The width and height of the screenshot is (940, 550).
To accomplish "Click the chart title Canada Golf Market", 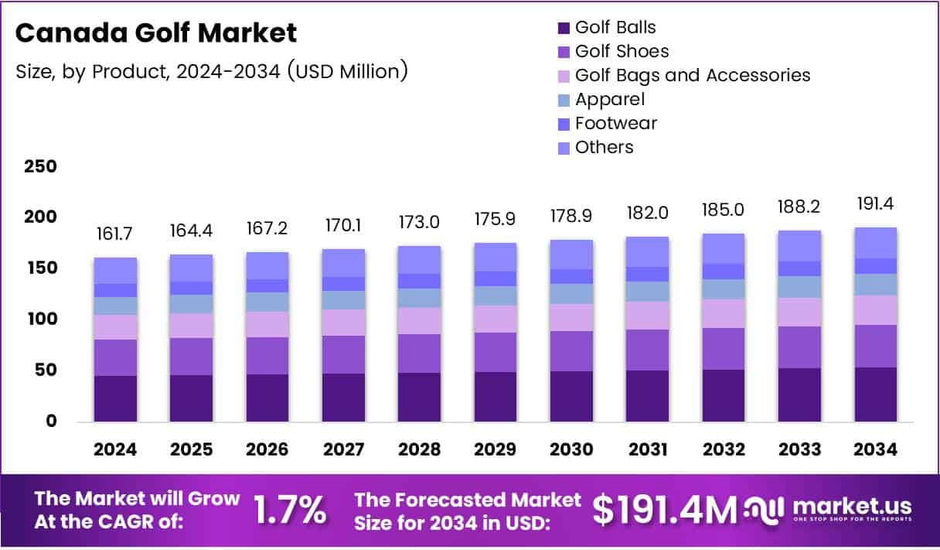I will coord(156,33).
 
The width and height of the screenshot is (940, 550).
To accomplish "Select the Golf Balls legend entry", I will coord(615,28).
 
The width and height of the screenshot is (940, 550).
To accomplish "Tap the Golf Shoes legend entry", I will coord(621,52).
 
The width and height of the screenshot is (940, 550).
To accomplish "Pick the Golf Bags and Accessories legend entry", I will coord(692,76).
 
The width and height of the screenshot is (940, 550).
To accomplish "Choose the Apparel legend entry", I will coord(608,100).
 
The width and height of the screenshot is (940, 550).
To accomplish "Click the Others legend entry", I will coord(603,148).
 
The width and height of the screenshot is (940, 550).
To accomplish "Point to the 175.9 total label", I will coord(496,221).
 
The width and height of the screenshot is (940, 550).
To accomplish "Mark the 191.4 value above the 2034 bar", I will coord(876,205).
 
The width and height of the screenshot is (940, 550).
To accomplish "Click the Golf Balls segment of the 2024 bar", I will coord(115,398).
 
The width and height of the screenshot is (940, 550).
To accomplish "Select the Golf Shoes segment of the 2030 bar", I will coord(571,351).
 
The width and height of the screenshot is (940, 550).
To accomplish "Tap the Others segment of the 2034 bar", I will coord(876,243).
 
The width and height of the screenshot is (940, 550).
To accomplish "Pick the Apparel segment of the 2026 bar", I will coord(267,302).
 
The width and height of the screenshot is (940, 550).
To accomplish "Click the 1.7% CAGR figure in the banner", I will coord(290,510).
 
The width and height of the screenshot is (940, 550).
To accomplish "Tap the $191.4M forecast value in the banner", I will coord(664,510).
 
